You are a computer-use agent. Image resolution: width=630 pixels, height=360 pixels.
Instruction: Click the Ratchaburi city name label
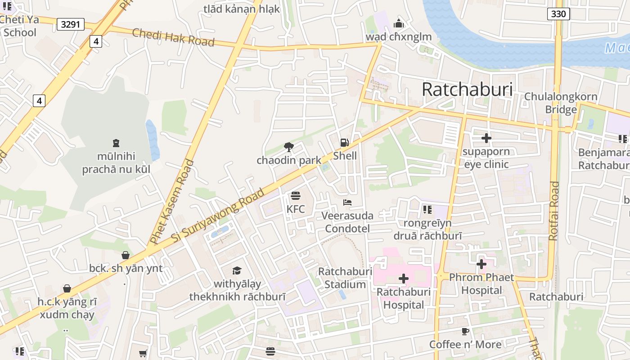pyautogui.click(x=467, y=90)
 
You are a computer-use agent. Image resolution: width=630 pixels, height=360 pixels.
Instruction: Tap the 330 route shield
pyautogui.click(x=558, y=14)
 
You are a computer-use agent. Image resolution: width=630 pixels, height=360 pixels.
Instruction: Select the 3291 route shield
pyautogui.click(x=71, y=24)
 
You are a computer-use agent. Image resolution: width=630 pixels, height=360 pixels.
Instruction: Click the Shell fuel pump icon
pyautogui.click(x=345, y=143)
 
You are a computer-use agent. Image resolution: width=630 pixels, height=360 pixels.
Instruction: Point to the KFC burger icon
pyautogui.click(x=296, y=196)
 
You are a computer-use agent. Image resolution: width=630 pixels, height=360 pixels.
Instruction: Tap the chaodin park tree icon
pyautogui.click(x=289, y=147)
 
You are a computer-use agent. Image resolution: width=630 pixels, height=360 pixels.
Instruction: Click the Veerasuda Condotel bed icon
pyautogui.click(x=347, y=202)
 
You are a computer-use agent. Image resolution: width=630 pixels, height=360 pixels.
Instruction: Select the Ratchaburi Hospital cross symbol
pyautogui.click(x=404, y=279)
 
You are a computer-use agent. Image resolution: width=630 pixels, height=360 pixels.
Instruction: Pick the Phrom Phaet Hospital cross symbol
pyautogui.click(x=481, y=264)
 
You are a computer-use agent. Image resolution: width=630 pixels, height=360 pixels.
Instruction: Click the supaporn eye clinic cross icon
pyautogui.click(x=486, y=138)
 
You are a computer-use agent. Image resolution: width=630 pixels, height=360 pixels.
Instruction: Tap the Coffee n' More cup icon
pyautogui.click(x=465, y=332)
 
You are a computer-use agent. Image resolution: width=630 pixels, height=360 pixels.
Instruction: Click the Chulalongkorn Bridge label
pyautogui.click(x=561, y=103)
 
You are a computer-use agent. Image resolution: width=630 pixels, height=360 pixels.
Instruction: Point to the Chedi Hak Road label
pyautogui.click(x=173, y=37)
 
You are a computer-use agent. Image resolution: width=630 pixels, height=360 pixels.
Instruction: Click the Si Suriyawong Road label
pyautogui.click(x=218, y=216)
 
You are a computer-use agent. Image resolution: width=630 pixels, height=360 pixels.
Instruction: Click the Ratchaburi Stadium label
pyautogui.click(x=345, y=278)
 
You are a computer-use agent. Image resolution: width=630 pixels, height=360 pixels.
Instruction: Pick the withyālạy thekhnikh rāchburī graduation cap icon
pyautogui.click(x=237, y=270)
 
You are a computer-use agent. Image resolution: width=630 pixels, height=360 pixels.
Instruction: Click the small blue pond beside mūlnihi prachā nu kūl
pyautogui.click(x=153, y=140)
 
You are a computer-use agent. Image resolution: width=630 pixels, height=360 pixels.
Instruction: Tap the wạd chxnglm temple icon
pyautogui.click(x=398, y=23)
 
